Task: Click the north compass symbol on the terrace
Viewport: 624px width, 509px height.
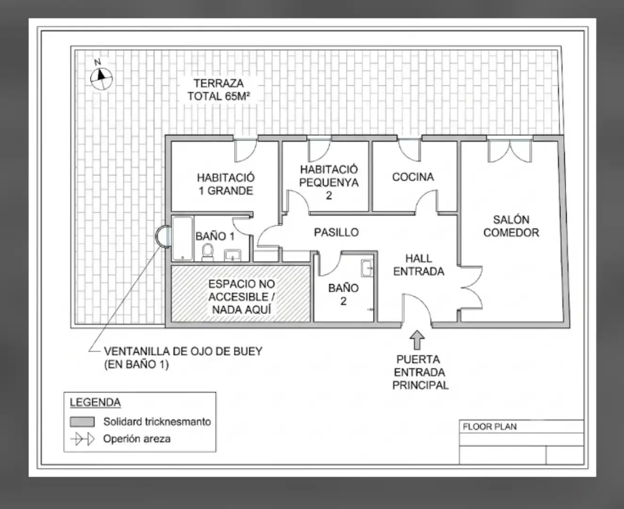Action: tap(101, 78)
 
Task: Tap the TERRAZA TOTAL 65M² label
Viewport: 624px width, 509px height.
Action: tap(219, 90)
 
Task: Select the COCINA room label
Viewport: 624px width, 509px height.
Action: tap(413, 177)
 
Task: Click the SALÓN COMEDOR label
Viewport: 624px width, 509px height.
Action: tap(511, 226)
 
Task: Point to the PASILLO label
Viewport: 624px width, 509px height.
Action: tap(336, 232)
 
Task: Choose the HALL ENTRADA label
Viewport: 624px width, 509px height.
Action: tap(419, 265)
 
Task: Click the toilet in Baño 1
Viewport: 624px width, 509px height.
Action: tap(208, 252)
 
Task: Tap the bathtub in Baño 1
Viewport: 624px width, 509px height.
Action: tap(183, 238)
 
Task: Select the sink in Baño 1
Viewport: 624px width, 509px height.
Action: tap(233, 255)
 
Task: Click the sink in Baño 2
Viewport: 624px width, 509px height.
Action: tap(367, 268)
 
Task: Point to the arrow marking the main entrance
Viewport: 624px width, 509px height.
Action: tap(417, 340)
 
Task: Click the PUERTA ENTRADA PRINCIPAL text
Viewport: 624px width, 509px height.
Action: tap(421, 372)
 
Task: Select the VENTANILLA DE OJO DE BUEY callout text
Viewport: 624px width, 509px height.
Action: tap(183, 358)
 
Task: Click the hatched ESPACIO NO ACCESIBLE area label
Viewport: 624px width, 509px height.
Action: tap(242, 297)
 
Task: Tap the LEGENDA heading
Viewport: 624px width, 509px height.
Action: tap(95, 402)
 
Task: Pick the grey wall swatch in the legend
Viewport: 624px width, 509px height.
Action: tap(82, 422)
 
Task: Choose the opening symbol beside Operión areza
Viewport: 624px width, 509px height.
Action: tap(82, 439)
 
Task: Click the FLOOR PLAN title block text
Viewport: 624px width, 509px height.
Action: tap(489, 427)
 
